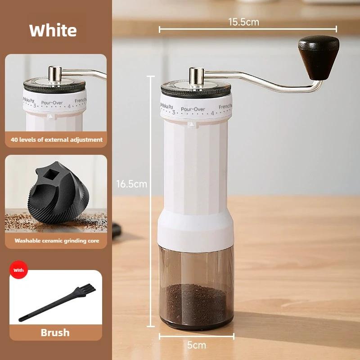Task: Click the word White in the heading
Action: pyautogui.click(x=53, y=31)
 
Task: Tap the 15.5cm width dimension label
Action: pyautogui.click(x=243, y=22)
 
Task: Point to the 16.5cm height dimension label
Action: pyautogui.click(x=131, y=184)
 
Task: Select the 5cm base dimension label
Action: pyautogui.click(x=196, y=345)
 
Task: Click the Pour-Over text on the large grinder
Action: pyautogui.click(x=193, y=109)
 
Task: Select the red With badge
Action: pyautogui.click(x=18, y=270)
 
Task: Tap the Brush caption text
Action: pyautogui.click(x=55, y=333)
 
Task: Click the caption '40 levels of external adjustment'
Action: pyautogui.click(x=56, y=139)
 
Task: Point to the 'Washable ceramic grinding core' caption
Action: pyautogui.click(x=56, y=241)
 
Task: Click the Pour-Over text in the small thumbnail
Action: pyautogui.click(x=52, y=103)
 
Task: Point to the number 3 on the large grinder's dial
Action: pyautogui.click(x=173, y=112)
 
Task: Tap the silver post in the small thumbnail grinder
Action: pyautogui.click(x=55, y=73)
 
